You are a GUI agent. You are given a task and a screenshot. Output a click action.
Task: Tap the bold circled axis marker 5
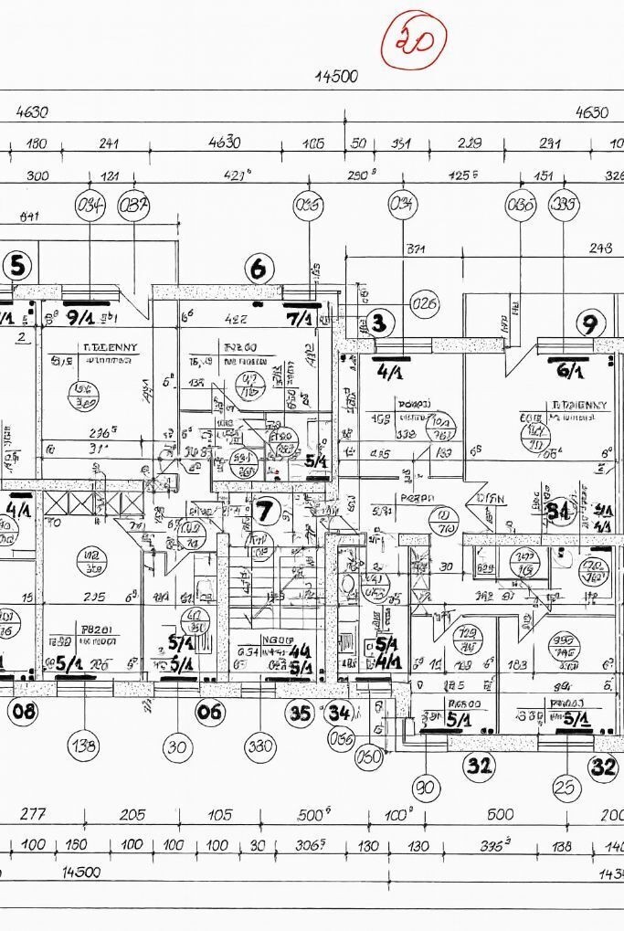click(x=16, y=267)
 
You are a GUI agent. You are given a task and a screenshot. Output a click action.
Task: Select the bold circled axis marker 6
click(x=260, y=269)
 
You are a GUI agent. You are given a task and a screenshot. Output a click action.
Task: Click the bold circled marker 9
click(x=591, y=323)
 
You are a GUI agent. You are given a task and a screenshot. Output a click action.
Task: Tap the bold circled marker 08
click(x=22, y=711)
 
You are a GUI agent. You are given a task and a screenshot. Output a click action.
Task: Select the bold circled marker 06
click(x=211, y=712)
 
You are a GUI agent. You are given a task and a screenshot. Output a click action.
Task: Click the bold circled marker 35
click(x=301, y=713)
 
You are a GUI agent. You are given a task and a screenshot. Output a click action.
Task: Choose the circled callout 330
click(x=261, y=746)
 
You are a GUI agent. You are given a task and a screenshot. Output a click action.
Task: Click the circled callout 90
click(x=425, y=787)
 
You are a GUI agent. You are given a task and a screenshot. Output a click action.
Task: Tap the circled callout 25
click(x=568, y=787)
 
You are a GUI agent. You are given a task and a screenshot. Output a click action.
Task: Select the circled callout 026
click(x=425, y=303)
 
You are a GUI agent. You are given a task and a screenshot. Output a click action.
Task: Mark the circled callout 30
click(x=178, y=747)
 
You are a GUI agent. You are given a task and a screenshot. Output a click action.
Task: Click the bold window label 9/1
click(x=81, y=317)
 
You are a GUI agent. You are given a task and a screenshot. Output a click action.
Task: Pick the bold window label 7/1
click(x=299, y=318)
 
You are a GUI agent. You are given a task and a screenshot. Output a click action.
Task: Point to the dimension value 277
click(x=35, y=815)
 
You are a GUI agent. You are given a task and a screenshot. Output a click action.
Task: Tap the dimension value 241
click(x=109, y=143)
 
